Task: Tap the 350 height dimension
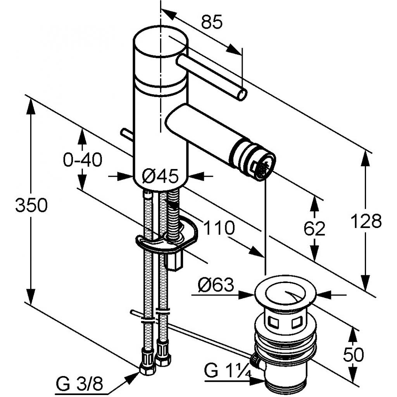[x=31, y=205]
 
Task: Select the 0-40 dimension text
[x=83, y=159]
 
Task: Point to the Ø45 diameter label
[x=160, y=177]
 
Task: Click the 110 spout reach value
[x=219, y=228]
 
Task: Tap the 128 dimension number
[x=366, y=221]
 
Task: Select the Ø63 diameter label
[x=216, y=286]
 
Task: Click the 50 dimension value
[x=353, y=354]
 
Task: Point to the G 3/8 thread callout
[x=80, y=385]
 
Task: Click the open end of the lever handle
[x=242, y=94]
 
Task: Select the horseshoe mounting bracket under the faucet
[x=167, y=240]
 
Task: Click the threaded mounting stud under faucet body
[x=173, y=209]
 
